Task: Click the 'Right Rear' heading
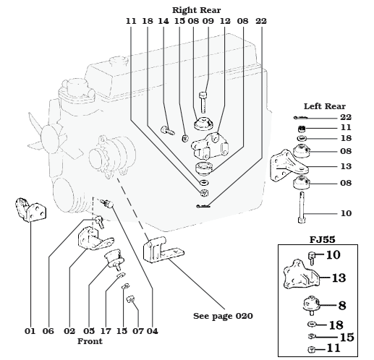[196, 10]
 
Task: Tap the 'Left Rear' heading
[324, 106]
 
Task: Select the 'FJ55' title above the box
[323, 239]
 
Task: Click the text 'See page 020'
[223, 316]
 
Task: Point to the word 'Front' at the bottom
[90, 341]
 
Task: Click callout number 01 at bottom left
[30, 331]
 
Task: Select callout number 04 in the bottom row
[153, 331]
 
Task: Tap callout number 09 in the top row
[208, 21]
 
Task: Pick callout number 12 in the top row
[225, 21]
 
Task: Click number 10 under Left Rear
[346, 213]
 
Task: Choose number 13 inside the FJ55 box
[339, 278]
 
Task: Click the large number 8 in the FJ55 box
[342, 306]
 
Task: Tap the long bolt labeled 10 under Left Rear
[302, 207]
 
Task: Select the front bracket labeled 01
[31, 210]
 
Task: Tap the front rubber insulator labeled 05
[115, 259]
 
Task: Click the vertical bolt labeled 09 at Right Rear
[203, 102]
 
